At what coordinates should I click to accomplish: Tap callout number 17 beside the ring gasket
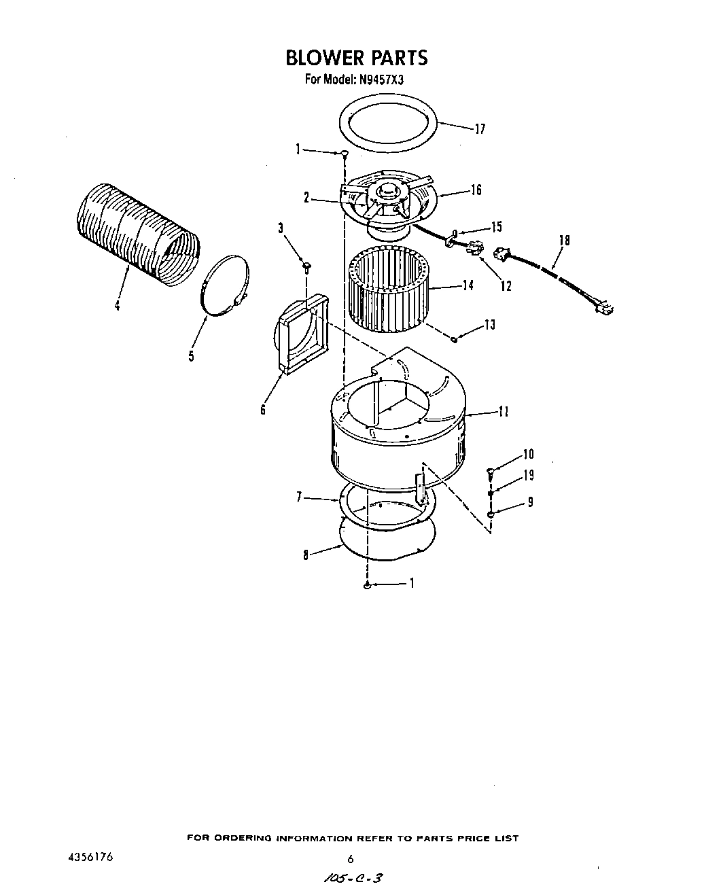480,129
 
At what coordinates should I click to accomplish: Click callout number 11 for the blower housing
503,412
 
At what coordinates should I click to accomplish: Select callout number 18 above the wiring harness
564,241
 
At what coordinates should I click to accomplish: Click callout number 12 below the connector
506,286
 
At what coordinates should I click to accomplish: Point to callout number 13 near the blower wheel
490,326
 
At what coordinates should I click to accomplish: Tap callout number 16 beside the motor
476,190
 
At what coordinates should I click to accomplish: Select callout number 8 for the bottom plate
306,556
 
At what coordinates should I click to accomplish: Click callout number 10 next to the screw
528,455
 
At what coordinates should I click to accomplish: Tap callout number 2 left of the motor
306,198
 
